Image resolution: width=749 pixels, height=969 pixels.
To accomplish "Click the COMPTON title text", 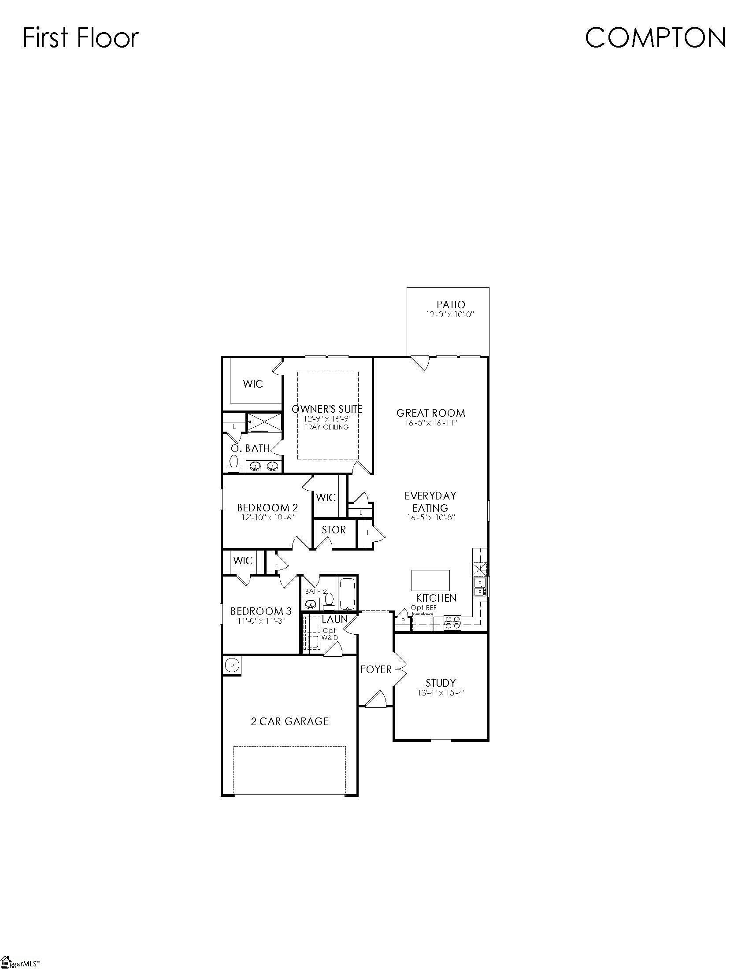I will click(x=655, y=38).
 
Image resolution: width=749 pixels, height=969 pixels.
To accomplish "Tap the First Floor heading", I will click(x=81, y=38).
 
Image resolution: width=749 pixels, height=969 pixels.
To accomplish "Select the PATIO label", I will click(x=451, y=305).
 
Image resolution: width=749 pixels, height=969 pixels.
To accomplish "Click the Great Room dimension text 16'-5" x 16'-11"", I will click(x=431, y=423).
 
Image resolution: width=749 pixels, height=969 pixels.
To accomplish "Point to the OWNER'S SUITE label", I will click(x=327, y=409).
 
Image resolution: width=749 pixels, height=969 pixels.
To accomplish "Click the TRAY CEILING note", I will click(x=326, y=427).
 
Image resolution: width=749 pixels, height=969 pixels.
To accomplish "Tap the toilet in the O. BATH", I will click(x=234, y=464).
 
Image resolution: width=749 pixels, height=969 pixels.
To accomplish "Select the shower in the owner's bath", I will click(x=264, y=422).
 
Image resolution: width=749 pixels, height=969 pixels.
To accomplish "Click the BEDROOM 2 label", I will click(x=267, y=507).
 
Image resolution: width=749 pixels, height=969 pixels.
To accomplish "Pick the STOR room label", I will click(x=333, y=530).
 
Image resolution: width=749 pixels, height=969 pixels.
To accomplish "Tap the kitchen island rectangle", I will click(x=430, y=581).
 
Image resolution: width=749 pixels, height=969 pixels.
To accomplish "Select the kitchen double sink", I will click(x=480, y=587).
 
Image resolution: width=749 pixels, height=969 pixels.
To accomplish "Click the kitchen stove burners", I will click(x=452, y=623).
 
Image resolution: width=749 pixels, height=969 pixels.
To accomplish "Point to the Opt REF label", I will click(x=423, y=608).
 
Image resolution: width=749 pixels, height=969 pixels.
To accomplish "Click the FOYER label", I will click(x=376, y=669).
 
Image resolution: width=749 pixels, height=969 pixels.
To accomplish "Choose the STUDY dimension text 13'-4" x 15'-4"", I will click(x=441, y=692).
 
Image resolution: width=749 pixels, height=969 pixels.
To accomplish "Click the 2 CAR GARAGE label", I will click(x=290, y=721).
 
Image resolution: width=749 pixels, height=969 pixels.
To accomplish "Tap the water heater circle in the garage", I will click(x=231, y=665).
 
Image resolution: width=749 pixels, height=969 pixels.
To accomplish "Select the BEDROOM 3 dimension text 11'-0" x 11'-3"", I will click(x=261, y=621).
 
